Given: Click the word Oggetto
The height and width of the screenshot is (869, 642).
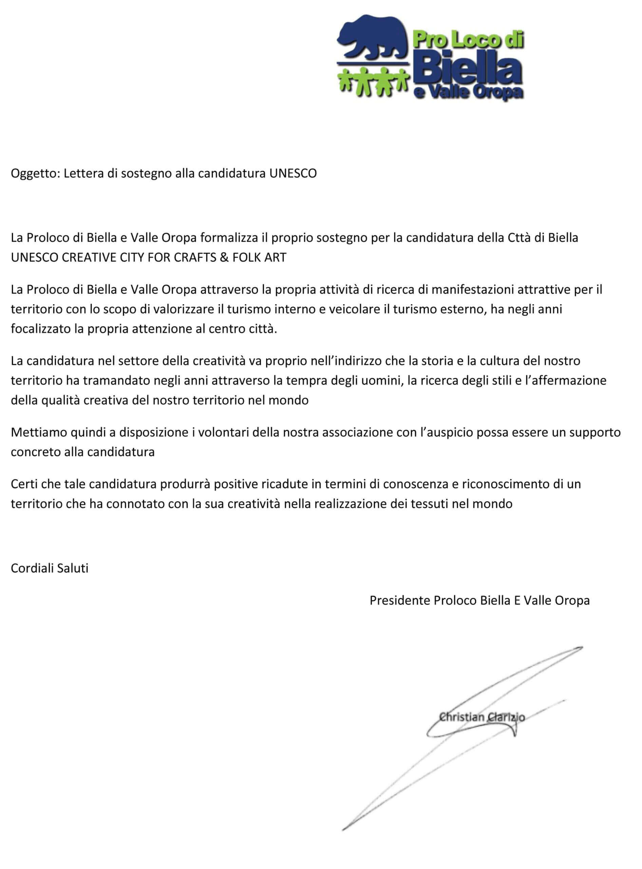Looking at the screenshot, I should pos(35,173).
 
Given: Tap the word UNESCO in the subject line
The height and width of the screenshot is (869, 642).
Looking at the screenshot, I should pos(294,173).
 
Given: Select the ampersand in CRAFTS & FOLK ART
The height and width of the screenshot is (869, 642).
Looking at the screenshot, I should pos(224,257).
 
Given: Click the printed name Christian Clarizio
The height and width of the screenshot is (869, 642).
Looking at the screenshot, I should pos(482,717).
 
